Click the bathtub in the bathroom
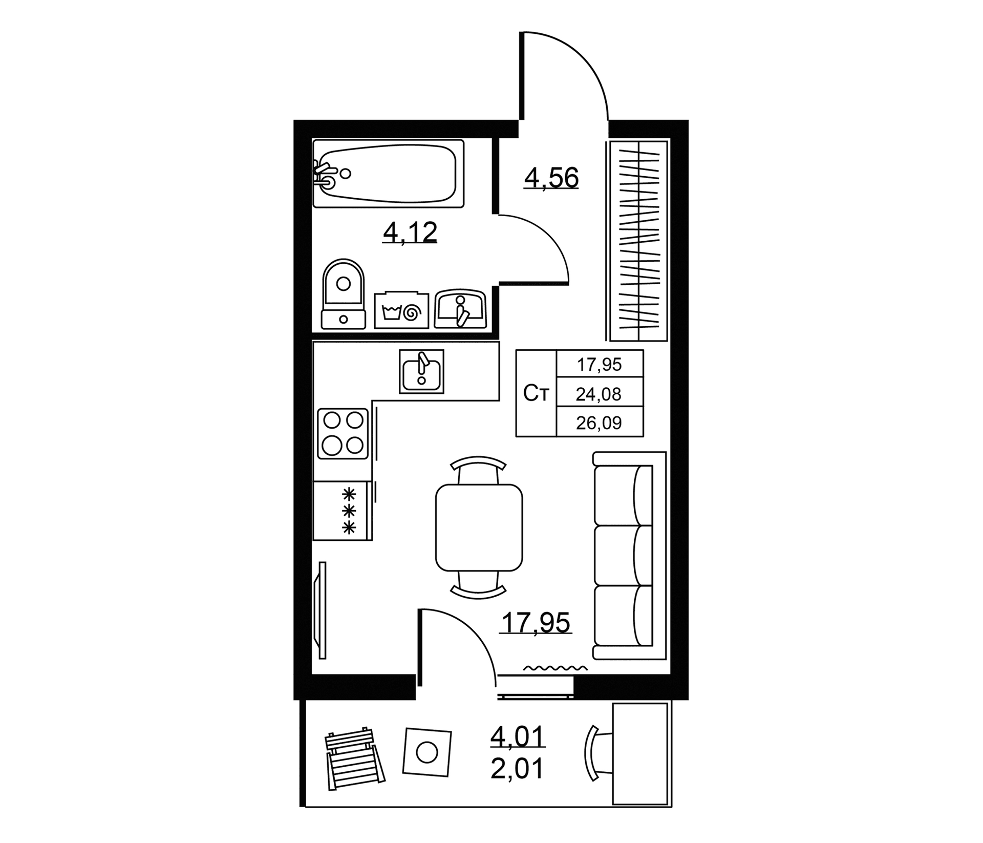[389, 174]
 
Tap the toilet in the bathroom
[343, 293]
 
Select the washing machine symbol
[401, 310]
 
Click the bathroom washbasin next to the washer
[460, 309]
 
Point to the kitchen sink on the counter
[421, 371]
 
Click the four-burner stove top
[343, 433]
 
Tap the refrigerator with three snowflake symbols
[343, 511]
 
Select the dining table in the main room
[479, 528]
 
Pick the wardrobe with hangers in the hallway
[638, 241]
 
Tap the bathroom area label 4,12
[410, 233]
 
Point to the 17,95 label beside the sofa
[536, 623]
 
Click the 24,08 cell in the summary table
[599, 393]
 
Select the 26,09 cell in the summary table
[599, 423]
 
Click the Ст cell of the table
[536, 393]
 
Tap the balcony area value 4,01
[518, 736]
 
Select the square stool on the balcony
[427, 752]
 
